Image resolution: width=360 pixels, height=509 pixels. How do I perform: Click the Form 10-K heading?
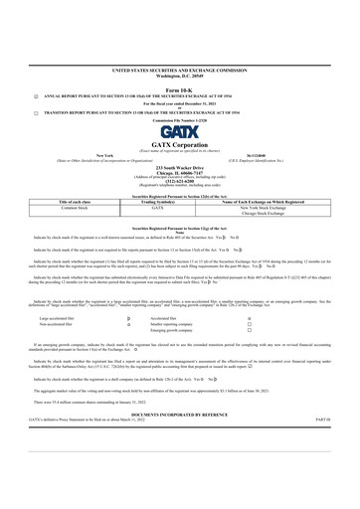point(179,87)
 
